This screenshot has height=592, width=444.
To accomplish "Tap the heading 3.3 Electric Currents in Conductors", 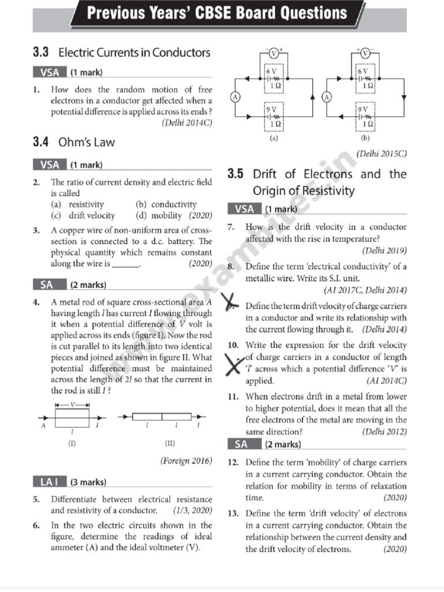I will tap(121, 53).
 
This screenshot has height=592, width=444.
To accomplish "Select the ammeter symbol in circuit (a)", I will tap(235, 97).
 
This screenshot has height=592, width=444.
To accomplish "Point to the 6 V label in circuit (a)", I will tap(271, 70).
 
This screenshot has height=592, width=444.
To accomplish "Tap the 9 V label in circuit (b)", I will tap(362, 109).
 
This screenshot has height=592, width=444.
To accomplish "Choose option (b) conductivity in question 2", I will tap(166, 205).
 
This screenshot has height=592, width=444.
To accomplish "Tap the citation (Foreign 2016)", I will tap(186, 461).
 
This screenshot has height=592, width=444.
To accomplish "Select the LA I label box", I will tap(49, 482).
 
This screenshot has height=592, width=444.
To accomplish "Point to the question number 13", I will tap(234, 513).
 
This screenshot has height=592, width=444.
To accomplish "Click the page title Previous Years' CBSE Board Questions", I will tap(217, 13).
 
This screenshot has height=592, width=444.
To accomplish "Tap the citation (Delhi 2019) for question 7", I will tap(384, 251).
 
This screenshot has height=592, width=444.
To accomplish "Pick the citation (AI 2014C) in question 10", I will tap(386, 381).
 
